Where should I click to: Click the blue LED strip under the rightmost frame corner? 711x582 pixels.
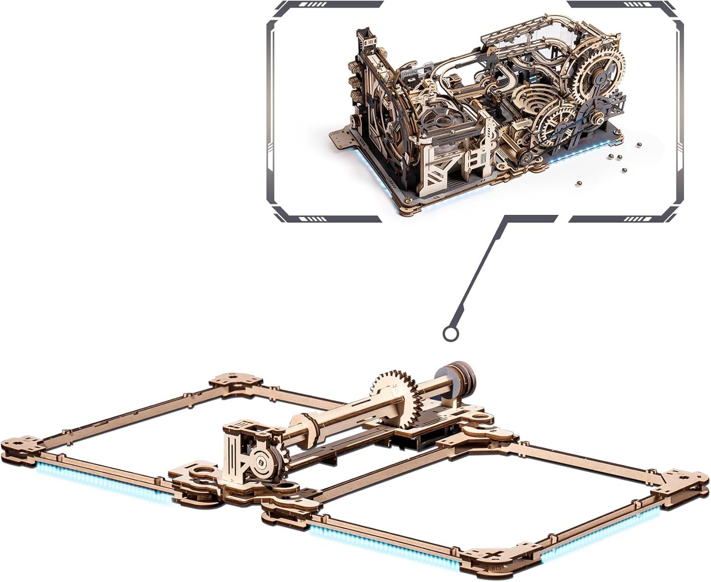tap(611, 536)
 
